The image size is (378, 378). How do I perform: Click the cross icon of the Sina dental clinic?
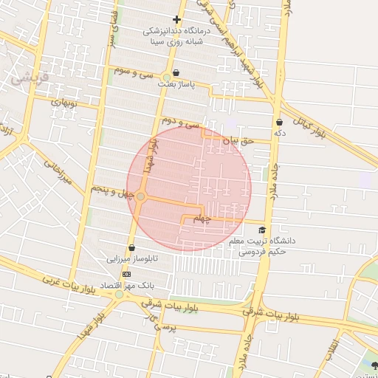(176, 19)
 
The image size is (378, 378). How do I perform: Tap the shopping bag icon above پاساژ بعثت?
(167, 75)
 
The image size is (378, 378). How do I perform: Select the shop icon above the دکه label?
(279, 122)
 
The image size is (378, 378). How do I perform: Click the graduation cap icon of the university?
(262, 230)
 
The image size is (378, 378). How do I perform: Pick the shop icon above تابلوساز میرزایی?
(131, 248)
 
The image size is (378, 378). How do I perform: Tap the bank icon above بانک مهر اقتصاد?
(127, 273)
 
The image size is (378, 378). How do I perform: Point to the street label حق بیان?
(238, 138)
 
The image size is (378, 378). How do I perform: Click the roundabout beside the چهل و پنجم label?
(140, 196)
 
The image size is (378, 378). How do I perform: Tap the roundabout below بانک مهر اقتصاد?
(119, 295)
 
